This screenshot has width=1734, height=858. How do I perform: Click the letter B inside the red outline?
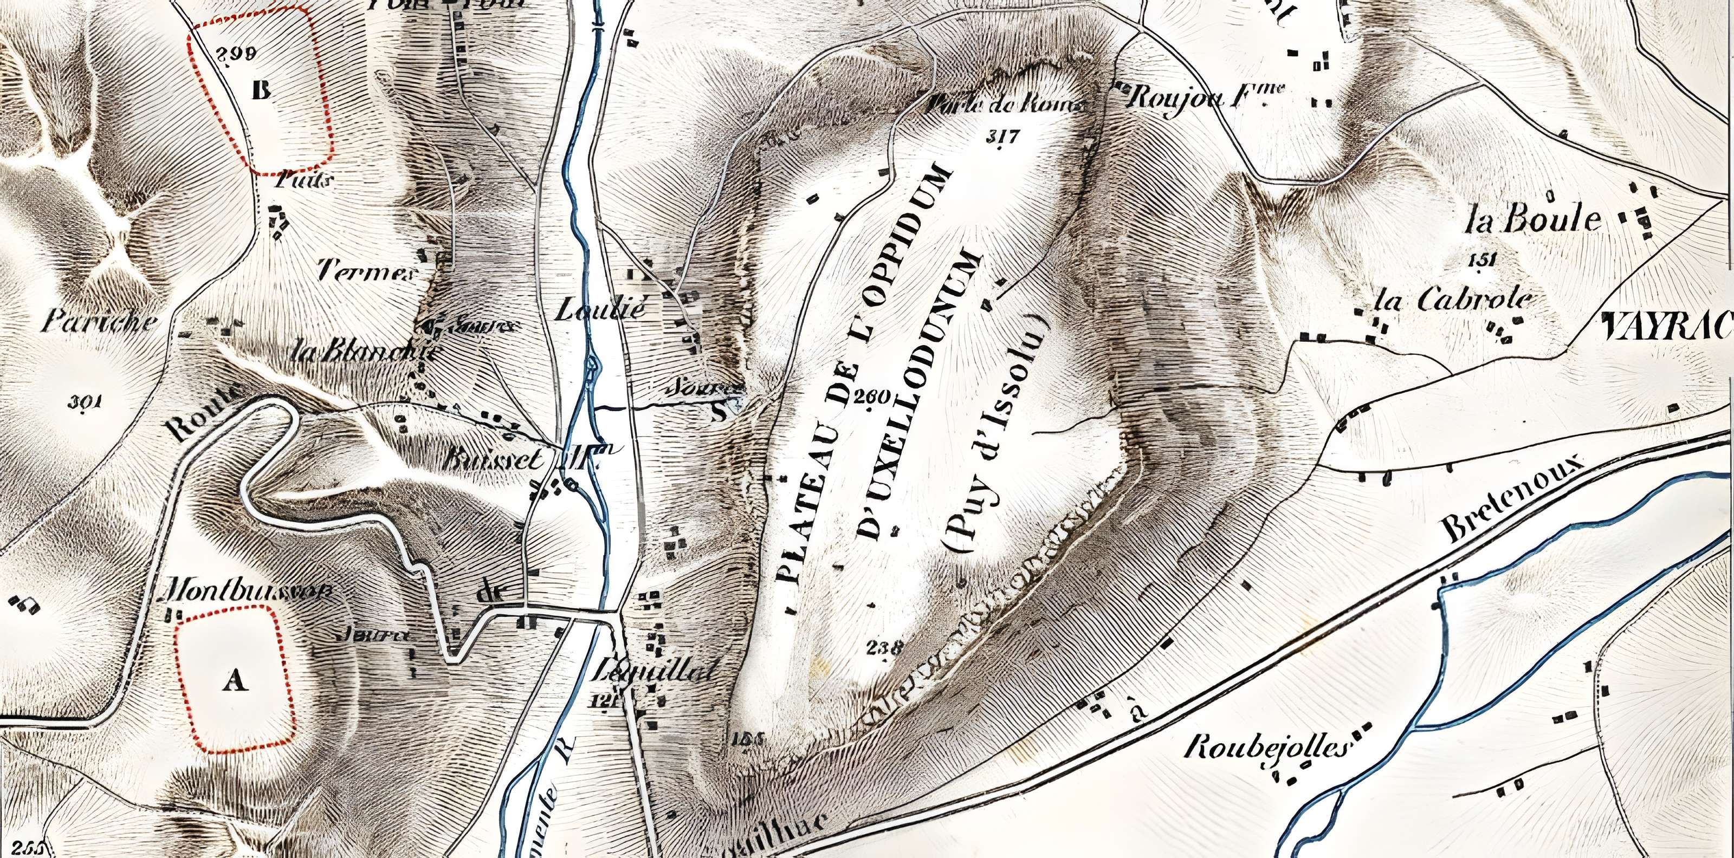point(261,89)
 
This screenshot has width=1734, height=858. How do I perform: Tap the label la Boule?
point(1533,220)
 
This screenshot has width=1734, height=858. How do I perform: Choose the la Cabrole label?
point(1453,300)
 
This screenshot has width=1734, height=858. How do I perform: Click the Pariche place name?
point(99,322)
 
